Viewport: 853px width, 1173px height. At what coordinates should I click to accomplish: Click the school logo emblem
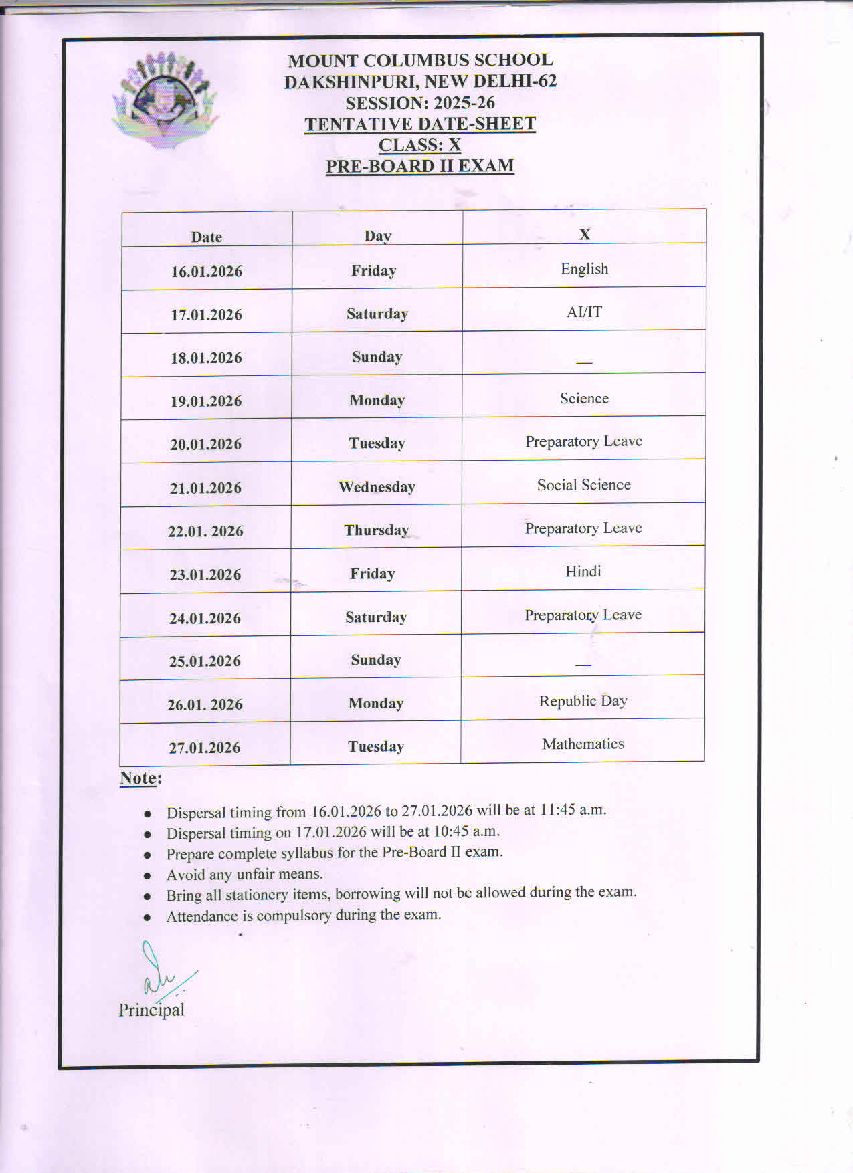coord(165,99)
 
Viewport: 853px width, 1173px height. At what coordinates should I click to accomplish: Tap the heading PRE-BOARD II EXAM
coord(420,166)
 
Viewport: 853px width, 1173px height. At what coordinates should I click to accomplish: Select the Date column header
coord(206,237)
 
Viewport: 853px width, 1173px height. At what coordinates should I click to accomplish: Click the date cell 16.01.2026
coord(206,272)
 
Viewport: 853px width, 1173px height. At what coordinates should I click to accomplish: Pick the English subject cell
coord(584,269)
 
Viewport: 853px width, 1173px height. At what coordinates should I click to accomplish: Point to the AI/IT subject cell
coord(584,312)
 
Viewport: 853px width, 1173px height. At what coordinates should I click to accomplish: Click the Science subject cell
coord(584,399)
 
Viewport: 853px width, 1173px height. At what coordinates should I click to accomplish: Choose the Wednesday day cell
coord(377,487)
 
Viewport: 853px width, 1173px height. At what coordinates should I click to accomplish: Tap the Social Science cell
coord(583,485)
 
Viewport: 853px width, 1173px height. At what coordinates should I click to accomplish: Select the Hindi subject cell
coord(583,571)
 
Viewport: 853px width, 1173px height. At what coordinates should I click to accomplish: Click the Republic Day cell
coord(583,701)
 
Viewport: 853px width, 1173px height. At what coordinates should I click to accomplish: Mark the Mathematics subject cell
coord(583,744)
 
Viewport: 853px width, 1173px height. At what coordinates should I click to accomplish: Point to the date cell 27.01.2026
coord(205,748)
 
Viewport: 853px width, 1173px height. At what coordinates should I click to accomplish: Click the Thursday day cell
coord(376,530)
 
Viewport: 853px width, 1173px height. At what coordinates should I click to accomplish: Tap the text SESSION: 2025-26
coord(420,103)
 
